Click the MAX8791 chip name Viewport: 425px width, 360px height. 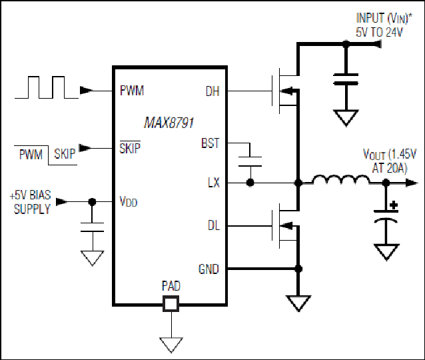[x=169, y=123]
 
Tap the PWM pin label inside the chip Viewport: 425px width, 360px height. [x=132, y=91]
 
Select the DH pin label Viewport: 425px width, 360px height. [x=212, y=91]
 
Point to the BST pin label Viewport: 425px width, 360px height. [x=210, y=143]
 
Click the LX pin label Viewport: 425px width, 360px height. [x=214, y=183]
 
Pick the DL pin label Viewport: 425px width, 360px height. [x=214, y=225]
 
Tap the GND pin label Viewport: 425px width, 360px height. [x=209, y=269]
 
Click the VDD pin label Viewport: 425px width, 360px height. [x=129, y=201]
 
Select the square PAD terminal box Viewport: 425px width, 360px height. [x=171, y=304]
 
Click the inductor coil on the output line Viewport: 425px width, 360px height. [x=341, y=181]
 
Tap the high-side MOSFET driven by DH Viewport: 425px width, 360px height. [x=285, y=91]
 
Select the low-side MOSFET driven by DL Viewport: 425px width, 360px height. [x=285, y=225]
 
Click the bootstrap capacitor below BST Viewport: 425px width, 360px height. [x=250, y=161]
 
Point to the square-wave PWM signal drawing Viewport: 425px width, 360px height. [x=47, y=87]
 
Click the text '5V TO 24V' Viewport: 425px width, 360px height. [x=379, y=33]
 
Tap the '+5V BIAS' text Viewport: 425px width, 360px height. [x=30, y=195]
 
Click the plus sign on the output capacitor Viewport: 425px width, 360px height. [x=394, y=205]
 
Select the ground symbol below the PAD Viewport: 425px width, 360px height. [x=171, y=345]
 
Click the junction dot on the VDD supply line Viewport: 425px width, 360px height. [x=92, y=202]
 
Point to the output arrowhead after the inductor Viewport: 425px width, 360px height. [x=412, y=183]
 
